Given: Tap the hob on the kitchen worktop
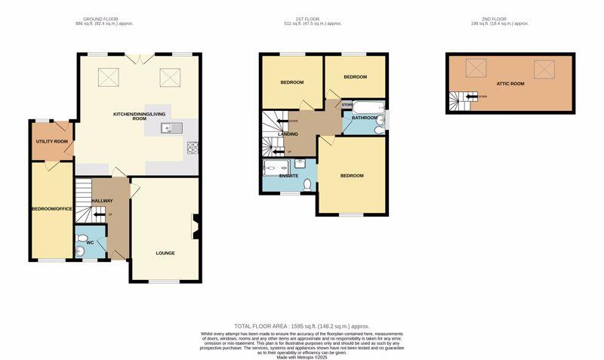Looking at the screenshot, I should (x=191, y=147).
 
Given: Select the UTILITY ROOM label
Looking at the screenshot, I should (x=52, y=141).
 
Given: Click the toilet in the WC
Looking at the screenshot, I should (x=81, y=251).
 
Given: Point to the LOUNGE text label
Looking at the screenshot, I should (x=165, y=253).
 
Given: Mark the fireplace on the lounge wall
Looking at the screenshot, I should (x=196, y=226).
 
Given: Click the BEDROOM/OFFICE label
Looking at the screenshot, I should (x=51, y=208).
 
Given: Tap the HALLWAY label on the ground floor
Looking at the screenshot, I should (x=102, y=201).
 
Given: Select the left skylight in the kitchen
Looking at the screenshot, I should (x=109, y=75).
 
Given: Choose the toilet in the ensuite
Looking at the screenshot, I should (x=307, y=184).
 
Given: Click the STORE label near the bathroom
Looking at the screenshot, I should (x=347, y=104).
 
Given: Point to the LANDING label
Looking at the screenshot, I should (x=288, y=134).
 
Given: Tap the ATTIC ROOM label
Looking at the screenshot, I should (x=510, y=84).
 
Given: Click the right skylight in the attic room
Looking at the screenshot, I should (x=544, y=69).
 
